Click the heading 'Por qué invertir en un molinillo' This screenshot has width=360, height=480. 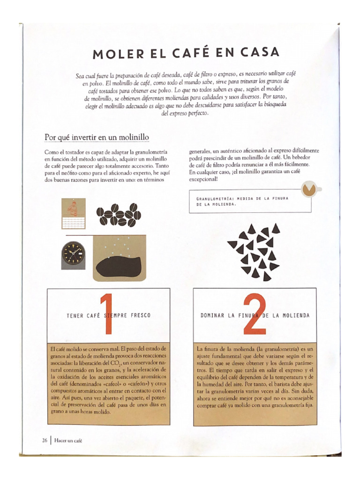97,137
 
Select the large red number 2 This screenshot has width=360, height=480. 255,314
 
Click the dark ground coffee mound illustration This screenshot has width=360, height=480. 120,266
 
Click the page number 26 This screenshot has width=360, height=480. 45,440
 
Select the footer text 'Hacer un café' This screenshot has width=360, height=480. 68,440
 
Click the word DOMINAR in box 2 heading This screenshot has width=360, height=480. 212,315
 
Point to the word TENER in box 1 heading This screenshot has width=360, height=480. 75,315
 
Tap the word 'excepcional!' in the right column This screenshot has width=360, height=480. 203,179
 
